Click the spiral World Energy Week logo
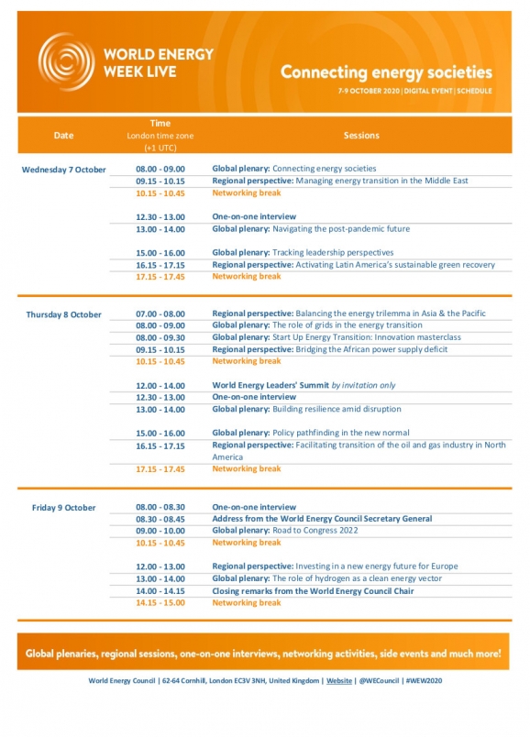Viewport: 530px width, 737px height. (66, 61)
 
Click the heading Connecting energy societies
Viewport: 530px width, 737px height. (386, 72)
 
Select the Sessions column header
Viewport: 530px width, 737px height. (361, 136)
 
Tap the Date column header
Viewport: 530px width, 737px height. (63, 136)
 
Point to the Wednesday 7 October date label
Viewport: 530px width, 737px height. (64, 170)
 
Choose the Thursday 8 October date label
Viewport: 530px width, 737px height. (63, 314)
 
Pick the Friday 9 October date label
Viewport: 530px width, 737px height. (63, 508)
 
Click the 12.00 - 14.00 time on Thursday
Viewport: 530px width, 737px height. (160, 386)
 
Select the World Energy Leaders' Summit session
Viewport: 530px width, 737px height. (304, 386)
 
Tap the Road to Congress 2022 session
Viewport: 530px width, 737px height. (285, 531)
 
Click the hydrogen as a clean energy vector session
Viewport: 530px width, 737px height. (326, 578)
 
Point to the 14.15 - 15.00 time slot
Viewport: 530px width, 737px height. (160, 603)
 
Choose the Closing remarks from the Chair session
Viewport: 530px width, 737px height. (313, 591)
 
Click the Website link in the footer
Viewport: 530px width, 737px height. (339, 681)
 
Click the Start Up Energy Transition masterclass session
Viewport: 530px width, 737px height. (337, 337)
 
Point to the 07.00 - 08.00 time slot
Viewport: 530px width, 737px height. (160, 313)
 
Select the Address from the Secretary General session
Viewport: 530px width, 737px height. (322, 519)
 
